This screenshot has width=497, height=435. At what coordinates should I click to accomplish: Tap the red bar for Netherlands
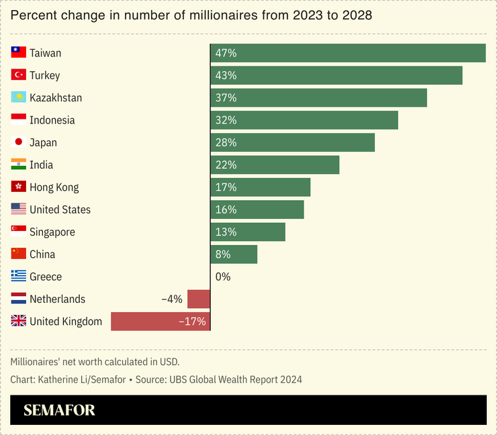click(199, 299)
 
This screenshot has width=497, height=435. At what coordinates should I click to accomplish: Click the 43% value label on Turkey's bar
click(226, 75)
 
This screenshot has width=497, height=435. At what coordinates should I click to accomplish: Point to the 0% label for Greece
click(223, 277)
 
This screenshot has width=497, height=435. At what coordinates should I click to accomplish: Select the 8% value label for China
click(223, 254)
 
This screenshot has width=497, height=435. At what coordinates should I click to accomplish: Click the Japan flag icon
click(19, 142)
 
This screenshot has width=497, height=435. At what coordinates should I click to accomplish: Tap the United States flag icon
click(19, 209)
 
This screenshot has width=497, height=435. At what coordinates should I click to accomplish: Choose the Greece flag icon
click(19, 277)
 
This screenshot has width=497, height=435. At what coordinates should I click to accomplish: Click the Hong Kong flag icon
click(19, 187)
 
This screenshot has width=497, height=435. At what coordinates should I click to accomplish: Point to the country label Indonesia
click(52, 120)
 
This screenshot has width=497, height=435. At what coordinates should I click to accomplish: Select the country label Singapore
click(52, 232)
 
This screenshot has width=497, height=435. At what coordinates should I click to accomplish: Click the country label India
click(41, 165)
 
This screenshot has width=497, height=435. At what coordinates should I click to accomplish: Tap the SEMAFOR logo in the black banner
click(59, 410)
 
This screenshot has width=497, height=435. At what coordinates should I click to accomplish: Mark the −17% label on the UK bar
click(192, 322)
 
